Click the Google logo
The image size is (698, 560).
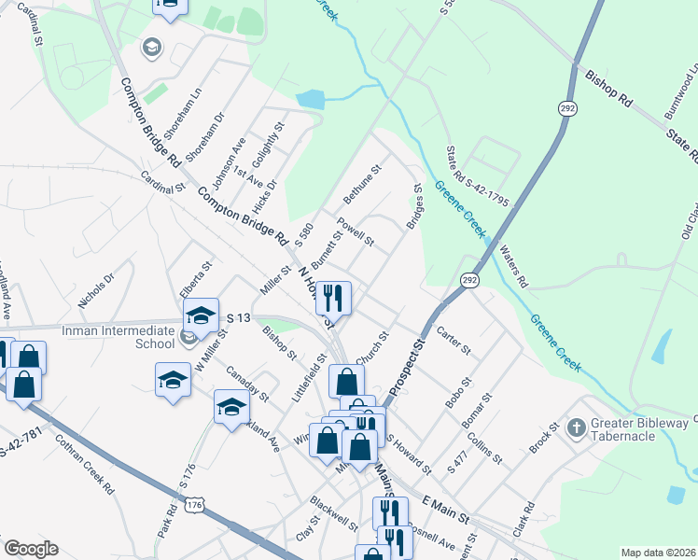[30, 549]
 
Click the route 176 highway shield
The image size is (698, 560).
[194, 505]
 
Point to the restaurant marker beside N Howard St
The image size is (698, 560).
[333, 298]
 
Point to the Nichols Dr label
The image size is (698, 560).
[96, 290]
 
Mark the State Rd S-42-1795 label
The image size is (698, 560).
[463, 183]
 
